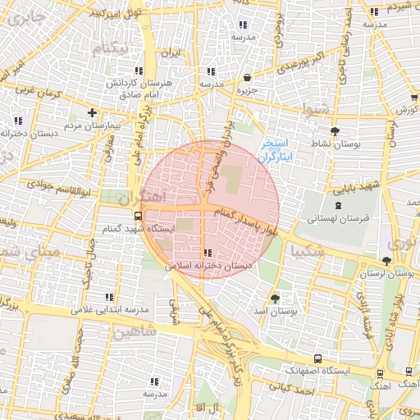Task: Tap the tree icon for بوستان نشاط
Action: point(335,131)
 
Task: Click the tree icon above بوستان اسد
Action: point(274,299)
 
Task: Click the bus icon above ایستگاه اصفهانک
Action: point(318,359)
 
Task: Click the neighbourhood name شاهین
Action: point(135,333)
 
